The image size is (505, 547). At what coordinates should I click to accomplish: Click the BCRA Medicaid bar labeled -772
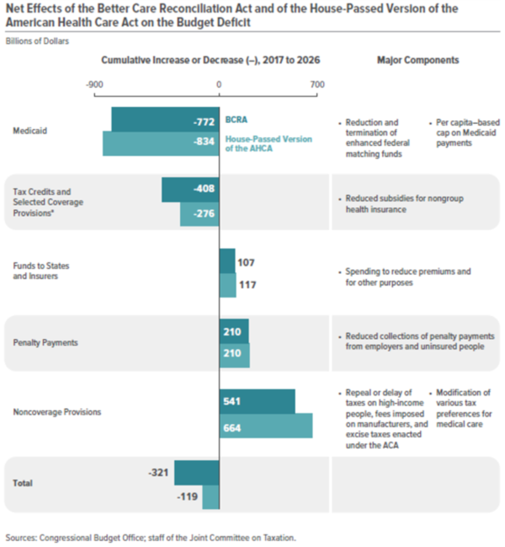coord(164,120)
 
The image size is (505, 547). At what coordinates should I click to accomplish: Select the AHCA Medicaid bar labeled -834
coord(160,143)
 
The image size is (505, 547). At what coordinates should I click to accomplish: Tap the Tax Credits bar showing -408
coord(190,190)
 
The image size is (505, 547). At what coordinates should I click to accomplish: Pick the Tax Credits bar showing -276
coord(199,214)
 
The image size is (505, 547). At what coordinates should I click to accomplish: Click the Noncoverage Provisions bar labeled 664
coord(265,426)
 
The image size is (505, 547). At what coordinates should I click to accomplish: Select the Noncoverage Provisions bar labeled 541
coord(257,402)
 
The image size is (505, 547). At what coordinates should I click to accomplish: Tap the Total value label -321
coord(158,473)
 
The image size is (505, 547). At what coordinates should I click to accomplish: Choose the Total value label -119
coord(187,496)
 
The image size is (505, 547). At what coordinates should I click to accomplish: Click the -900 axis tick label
coord(95,84)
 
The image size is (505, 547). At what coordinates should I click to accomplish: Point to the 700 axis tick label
coord(316,84)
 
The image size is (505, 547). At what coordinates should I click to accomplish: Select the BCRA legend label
coord(236,121)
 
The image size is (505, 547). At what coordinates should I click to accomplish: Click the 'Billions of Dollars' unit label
coord(37,40)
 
